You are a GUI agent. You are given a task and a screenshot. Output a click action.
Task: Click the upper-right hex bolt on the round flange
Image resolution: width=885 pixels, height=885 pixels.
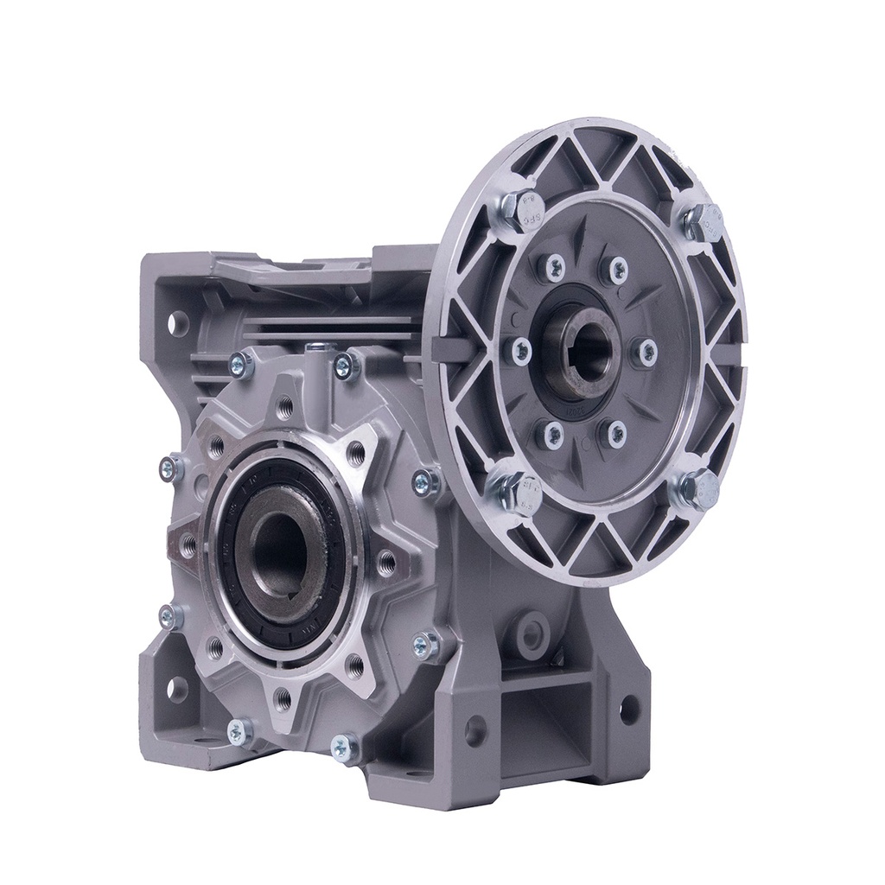(x=702, y=221)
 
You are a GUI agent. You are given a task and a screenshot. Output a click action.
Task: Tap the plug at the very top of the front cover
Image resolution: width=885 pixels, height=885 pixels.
(x=321, y=347)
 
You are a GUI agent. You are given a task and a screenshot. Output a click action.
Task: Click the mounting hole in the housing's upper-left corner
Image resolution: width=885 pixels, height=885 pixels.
(x=178, y=323)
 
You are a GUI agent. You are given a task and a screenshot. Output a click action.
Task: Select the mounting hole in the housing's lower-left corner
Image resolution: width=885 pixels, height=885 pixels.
(x=176, y=689)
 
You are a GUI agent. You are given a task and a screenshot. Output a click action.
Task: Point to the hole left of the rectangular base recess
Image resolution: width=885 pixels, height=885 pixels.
(x=474, y=731)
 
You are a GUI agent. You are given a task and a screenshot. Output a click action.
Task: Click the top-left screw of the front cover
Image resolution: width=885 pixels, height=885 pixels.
(x=241, y=366)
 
